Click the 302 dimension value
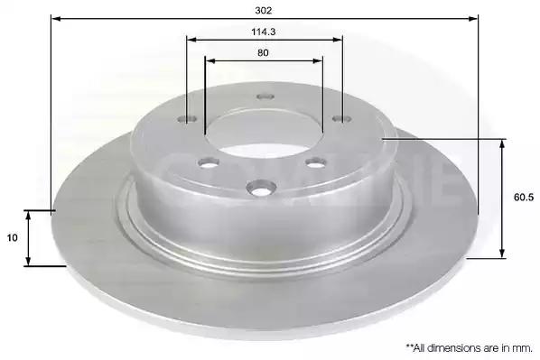[x=264, y=10]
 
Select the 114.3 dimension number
[x=264, y=32]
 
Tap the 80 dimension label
[x=263, y=53]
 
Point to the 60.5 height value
[x=524, y=198]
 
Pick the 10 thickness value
[x=12, y=238]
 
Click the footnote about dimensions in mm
[x=469, y=348]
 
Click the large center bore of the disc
[x=264, y=134]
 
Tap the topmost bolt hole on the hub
[x=265, y=97]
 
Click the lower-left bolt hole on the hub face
[x=209, y=162]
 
